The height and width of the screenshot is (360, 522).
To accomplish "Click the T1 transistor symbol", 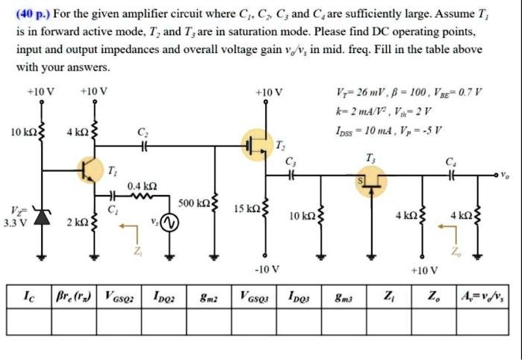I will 90,170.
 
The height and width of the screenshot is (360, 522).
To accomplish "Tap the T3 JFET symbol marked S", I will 371,179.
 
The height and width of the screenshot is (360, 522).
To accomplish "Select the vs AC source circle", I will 170,223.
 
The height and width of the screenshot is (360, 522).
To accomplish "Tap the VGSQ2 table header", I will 120,295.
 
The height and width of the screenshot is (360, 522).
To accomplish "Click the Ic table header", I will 27,295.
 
